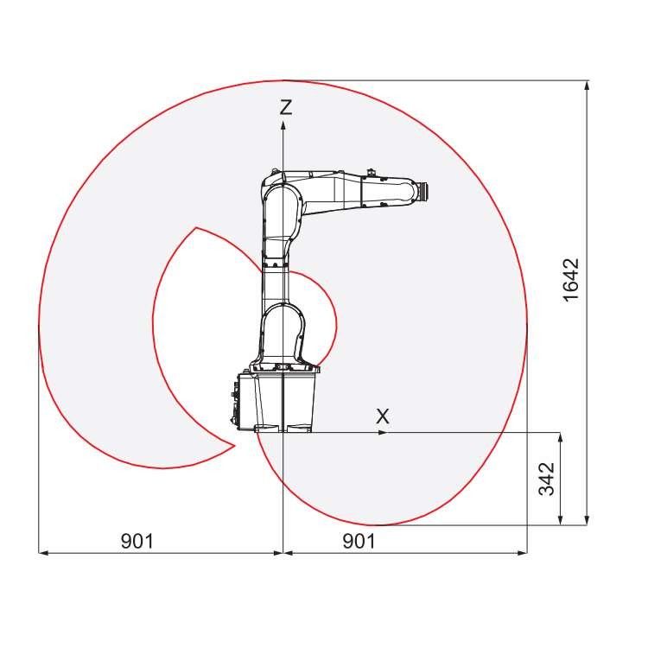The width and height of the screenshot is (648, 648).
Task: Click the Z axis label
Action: [285, 107]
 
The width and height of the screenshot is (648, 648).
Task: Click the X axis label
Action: [383, 416]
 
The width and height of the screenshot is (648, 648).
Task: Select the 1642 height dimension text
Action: [571, 280]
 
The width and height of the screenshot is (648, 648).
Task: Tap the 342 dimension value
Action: [546, 478]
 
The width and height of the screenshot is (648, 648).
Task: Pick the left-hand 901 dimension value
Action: [137, 541]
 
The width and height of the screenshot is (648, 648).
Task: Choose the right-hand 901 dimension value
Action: [359, 541]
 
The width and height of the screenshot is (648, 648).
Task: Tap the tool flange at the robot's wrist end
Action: [422, 191]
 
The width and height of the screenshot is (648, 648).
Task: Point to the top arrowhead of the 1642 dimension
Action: [588, 85]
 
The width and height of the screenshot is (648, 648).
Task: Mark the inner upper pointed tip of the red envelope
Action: [196, 228]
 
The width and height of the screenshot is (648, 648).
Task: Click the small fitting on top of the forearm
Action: [372, 171]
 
